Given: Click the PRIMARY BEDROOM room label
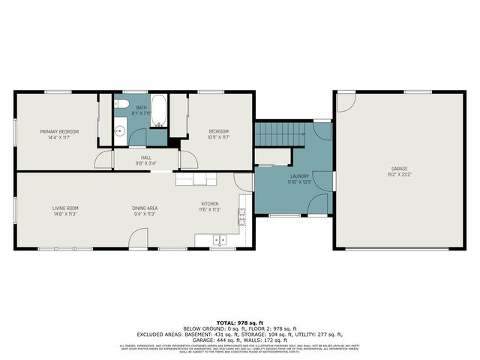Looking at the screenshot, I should pyautogui.click(x=59, y=131).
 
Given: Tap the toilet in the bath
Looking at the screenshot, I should pyautogui.click(x=124, y=105).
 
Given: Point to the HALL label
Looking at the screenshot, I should pyautogui.click(x=145, y=157).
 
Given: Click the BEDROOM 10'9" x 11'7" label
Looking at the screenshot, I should pyautogui.click(x=218, y=131).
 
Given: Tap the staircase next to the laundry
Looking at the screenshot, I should pyautogui.click(x=280, y=135).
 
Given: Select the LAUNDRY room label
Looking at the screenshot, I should pyautogui.click(x=298, y=177).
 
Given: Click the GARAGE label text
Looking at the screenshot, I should pyautogui.click(x=399, y=169).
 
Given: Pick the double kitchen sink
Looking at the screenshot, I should pyautogui.click(x=220, y=240).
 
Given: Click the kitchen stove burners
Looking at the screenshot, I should pyautogui.click(x=242, y=217).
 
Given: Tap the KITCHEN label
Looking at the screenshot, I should pyautogui.click(x=209, y=204).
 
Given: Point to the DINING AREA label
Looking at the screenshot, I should pyautogui.click(x=145, y=208).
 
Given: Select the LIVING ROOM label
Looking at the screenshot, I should pyautogui.click(x=65, y=208).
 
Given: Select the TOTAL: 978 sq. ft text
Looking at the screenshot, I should pyautogui.click(x=240, y=321).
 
